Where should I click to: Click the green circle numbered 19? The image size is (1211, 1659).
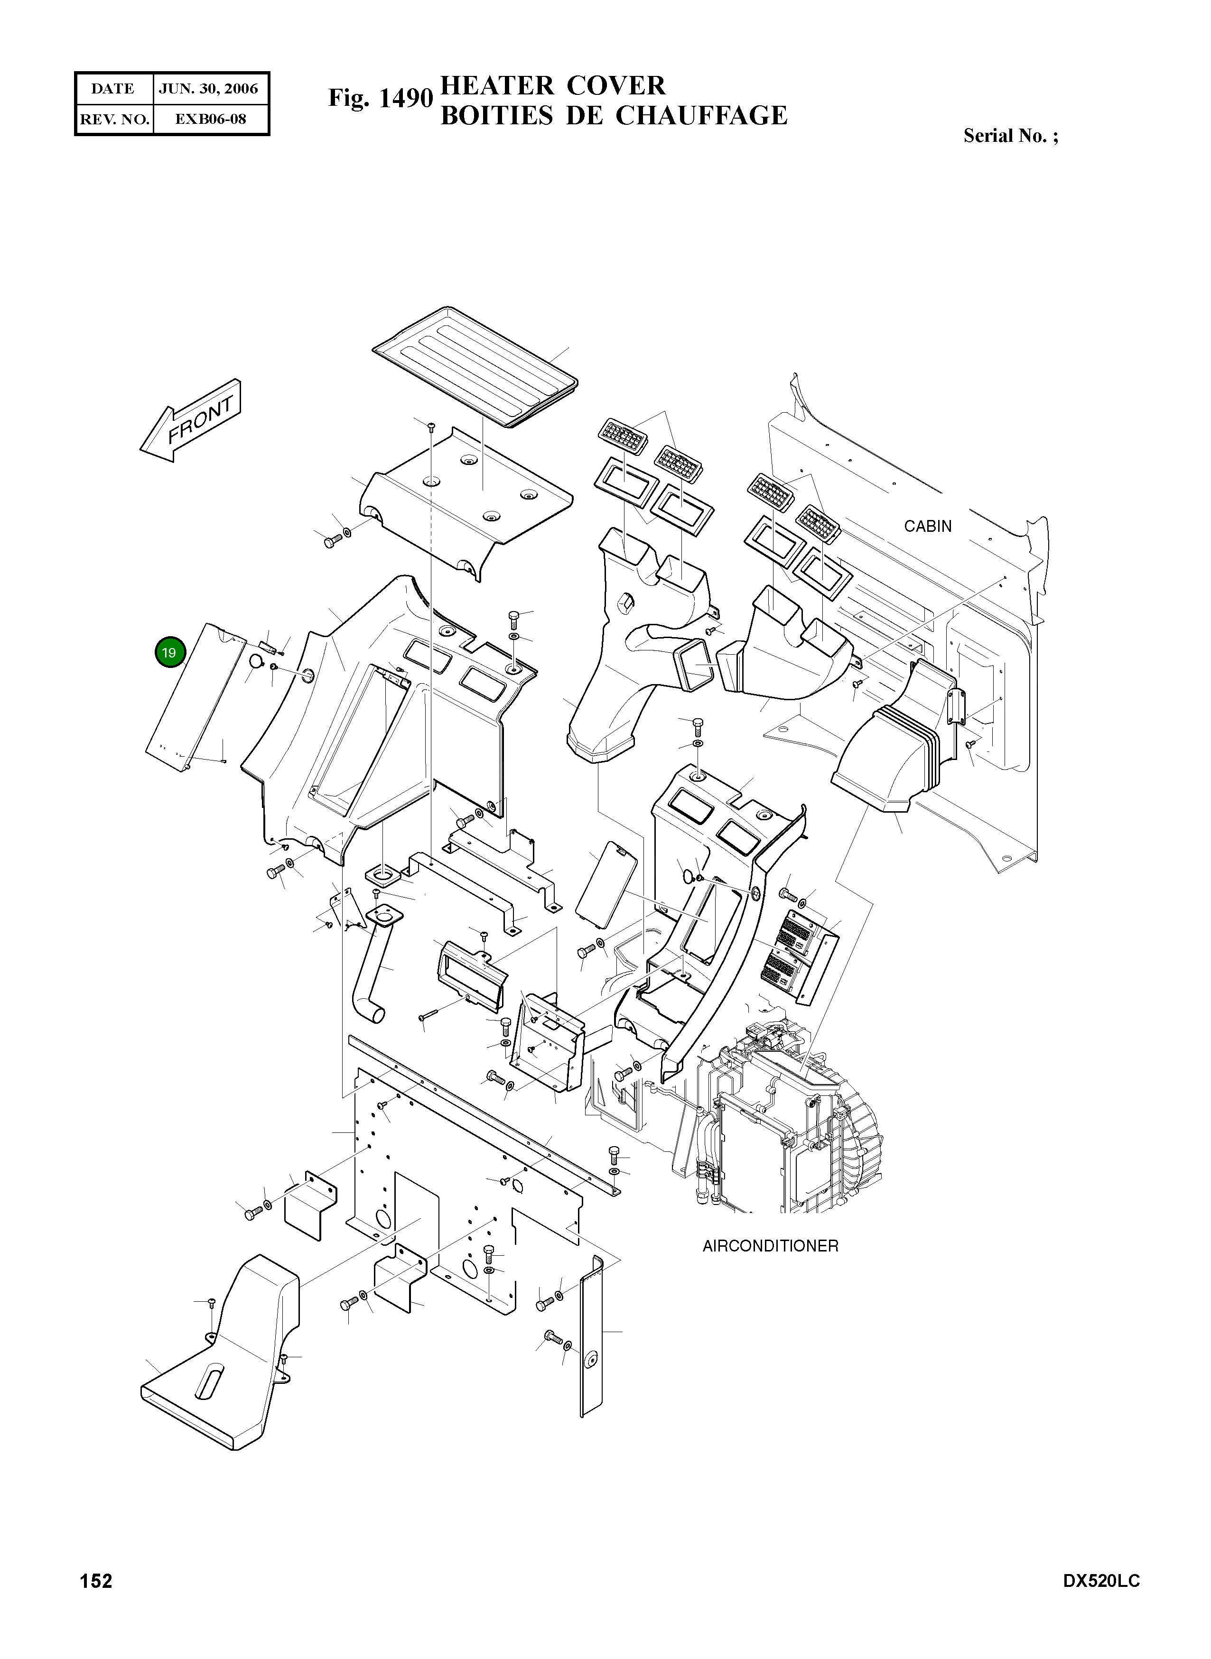point(169,653)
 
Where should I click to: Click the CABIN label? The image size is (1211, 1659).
point(927,526)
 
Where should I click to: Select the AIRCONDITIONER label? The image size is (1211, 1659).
point(770,1246)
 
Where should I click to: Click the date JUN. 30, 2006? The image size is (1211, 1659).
point(209,89)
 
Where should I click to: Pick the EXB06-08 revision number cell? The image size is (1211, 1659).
point(210,119)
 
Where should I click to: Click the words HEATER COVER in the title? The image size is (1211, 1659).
point(553,86)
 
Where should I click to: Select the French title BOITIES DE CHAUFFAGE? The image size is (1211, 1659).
point(614,116)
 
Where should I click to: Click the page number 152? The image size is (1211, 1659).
point(96,1581)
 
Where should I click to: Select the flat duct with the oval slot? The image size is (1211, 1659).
point(220,1370)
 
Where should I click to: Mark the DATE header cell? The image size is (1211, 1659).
point(113,89)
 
